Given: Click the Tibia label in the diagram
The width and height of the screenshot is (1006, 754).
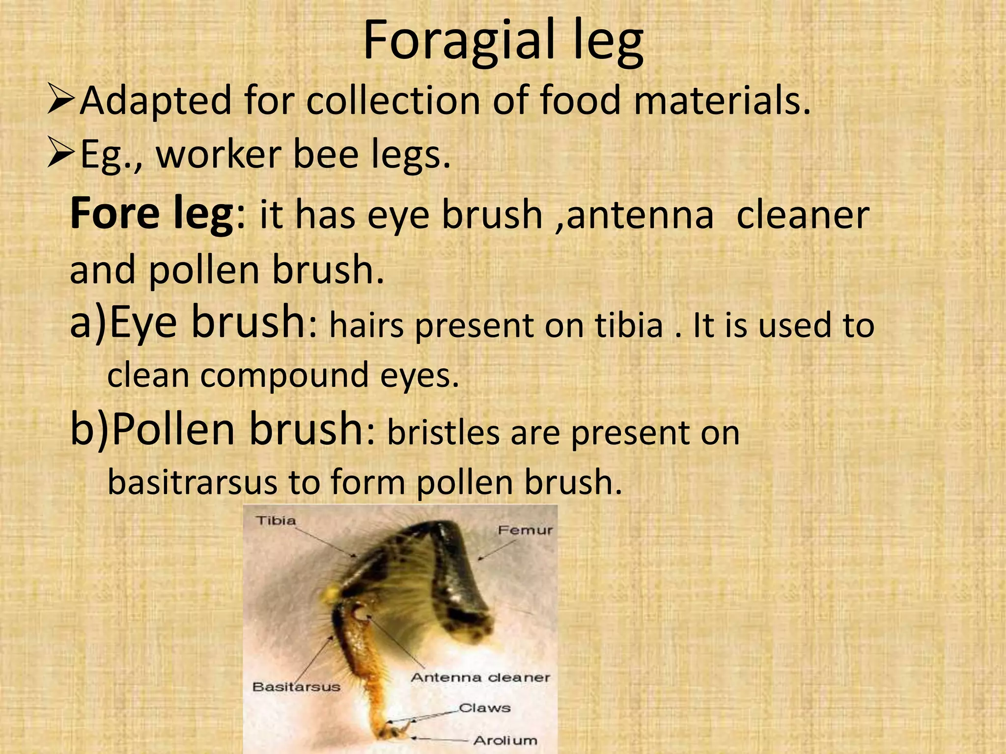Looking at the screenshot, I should click(276, 520).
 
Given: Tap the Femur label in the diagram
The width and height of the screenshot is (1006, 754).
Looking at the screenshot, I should click(525, 530).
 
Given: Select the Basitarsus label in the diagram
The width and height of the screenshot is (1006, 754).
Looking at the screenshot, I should click(296, 687).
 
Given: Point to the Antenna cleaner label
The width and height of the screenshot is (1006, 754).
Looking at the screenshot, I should click(480, 678).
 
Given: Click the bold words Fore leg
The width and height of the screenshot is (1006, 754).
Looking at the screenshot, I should click(152, 215).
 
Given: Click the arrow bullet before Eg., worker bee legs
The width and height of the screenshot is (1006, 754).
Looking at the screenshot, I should click(61, 154).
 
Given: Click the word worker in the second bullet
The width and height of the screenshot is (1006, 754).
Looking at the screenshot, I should click(218, 154).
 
